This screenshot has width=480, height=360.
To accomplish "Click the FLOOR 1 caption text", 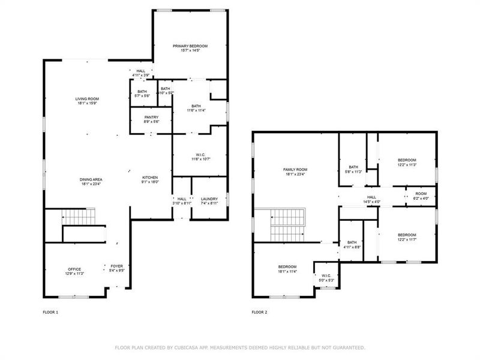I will tap(50, 312).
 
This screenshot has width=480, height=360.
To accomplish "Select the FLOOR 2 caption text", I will tap(259, 312).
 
